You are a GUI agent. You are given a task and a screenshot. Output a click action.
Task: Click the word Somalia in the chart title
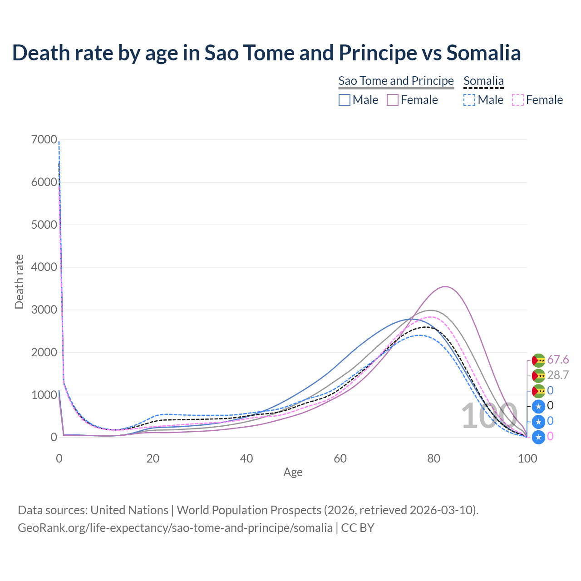pyautogui.click(x=483, y=53)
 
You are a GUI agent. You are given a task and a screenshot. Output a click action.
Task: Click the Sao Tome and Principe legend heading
pyautogui.click(x=396, y=81)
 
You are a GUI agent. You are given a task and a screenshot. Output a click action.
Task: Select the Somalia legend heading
pyautogui.click(x=483, y=81)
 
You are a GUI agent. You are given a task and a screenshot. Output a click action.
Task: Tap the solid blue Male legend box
pyautogui.click(x=345, y=100)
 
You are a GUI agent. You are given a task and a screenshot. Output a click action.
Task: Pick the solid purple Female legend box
pyautogui.click(x=393, y=100)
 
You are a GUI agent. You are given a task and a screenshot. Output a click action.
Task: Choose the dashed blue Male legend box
pyautogui.click(x=470, y=100)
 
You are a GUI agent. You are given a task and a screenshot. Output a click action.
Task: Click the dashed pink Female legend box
pyautogui.click(x=518, y=100)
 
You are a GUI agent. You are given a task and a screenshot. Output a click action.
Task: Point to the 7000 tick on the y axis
pyautogui.click(x=44, y=140)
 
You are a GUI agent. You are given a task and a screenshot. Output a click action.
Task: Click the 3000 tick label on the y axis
pyautogui.click(x=44, y=310)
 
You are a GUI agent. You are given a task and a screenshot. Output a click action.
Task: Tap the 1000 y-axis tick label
pyautogui.click(x=44, y=395)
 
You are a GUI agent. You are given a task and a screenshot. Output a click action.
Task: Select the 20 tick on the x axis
pyautogui.click(x=153, y=458)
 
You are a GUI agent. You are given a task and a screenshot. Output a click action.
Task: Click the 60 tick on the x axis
pyautogui.click(x=340, y=458)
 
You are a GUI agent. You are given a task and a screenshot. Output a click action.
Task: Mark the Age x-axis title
pyautogui.click(x=293, y=472)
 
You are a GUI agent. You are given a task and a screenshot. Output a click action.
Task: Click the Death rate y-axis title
pyautogui.click(x=19, y=281)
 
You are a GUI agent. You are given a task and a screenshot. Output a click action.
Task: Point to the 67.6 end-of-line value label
pyautogui.click(x=558, y=360)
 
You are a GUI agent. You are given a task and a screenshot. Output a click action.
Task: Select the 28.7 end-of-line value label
pyautogui.click(x=558, y=375)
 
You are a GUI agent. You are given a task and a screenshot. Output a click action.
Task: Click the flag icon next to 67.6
pyautogui.click(x=538, y=360)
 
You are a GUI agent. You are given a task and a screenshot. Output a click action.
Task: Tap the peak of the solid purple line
pyautogui.click(x=445, y=286)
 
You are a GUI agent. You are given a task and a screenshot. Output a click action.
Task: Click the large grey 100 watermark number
pyautogui.click(x=489, y=416)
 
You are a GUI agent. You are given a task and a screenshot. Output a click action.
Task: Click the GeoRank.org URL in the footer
pyautogui.click(x=175, y=528)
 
